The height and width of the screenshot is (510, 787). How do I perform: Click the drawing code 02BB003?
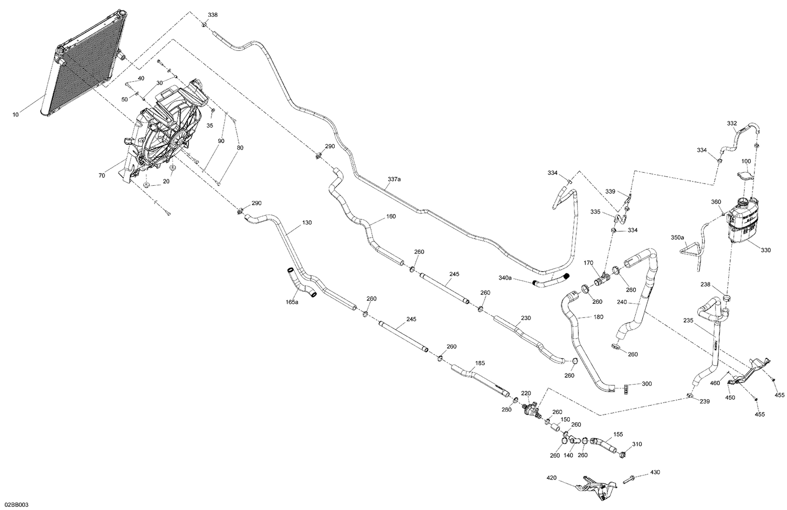point(15,505)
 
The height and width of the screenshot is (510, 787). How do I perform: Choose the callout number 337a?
point(394,179)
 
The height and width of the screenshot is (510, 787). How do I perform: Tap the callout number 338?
point(212,15)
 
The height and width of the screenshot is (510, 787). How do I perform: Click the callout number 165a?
point(292,302)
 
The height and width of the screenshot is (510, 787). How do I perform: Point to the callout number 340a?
point(505,278)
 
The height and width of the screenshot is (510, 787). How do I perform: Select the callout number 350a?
point(678,238)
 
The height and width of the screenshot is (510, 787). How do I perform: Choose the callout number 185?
point(480,362)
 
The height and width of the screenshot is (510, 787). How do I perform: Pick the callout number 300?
point(646,384)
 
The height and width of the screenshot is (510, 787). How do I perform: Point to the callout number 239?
point(704,401)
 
